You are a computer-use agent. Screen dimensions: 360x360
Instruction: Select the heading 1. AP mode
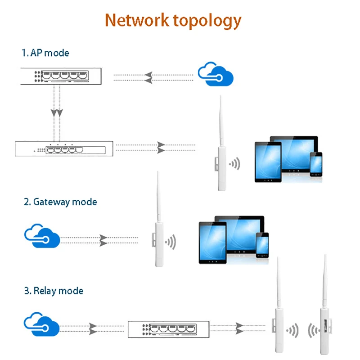coord(45,53)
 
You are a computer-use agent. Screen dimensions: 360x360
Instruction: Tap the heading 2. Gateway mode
coord(60,202)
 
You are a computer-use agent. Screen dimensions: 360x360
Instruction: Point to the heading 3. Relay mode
coord(54,291)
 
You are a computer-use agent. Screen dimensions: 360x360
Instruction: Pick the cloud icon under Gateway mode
coord(41,237)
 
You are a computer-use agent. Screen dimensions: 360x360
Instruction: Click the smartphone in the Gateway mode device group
coord(262,245)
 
